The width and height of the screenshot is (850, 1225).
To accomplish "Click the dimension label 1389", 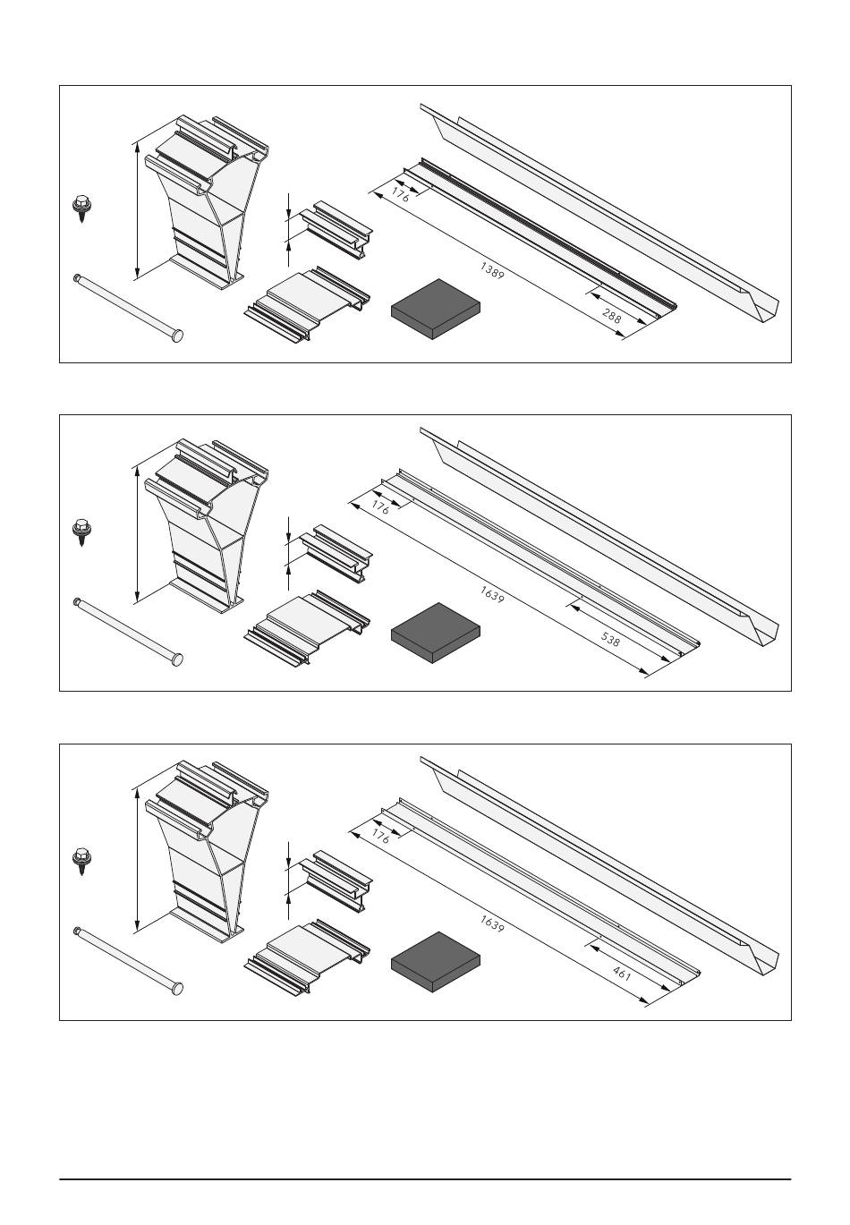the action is coord(492,271).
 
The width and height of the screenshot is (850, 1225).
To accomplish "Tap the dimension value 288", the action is coord(611,316).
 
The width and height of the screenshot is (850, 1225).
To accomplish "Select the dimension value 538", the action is coord(610,639).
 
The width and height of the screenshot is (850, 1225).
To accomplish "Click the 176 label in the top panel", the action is coord(400,195).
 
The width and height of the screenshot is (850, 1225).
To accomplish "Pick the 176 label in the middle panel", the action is coord(380,507).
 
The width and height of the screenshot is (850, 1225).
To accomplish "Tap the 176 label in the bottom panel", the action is coord(380,836).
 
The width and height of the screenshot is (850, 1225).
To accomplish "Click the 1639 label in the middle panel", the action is coord(492,594).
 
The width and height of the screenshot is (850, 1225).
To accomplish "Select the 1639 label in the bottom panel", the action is coord(492,923).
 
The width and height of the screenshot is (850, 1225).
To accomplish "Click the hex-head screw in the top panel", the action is coord(82,208).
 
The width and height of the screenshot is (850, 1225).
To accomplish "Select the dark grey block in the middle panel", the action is coord(436,633).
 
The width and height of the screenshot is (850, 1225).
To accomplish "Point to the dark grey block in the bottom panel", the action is coord(436,962).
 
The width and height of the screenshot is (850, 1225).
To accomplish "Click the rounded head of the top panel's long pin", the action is coord(176,335).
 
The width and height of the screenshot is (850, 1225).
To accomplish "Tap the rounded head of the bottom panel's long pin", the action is coord(176,988).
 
